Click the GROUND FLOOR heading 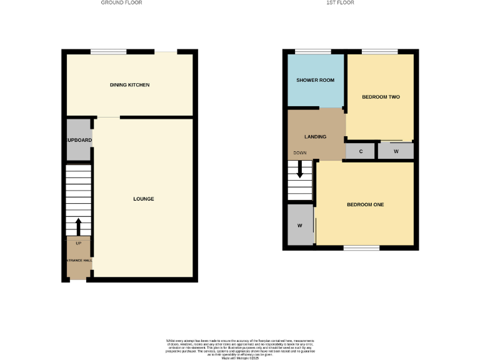tap(122, 2)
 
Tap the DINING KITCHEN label tap(129, 85)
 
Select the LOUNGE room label tap(143, 199)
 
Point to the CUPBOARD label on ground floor tap(79, 140)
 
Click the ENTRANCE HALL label tap(79, 260)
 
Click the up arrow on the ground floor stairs tap(78, 226)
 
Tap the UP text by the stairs tap(79, 242)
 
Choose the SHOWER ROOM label tap(315, 81)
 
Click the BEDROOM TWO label tap(381, 97)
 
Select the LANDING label tap(315, 136)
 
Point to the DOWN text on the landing tap(300, 152)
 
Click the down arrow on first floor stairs tap(300, 169)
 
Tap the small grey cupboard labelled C tap(361, 151)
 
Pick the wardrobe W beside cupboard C tap(396, 151)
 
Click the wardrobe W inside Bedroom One tap(300, 225)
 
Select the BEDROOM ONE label tap(366, 204)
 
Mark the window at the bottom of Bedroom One tap(361, 248)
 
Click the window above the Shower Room tap(312, 51)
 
